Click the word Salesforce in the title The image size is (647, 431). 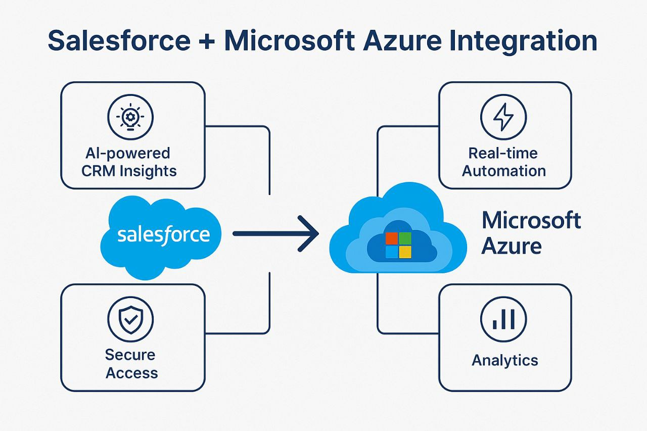(x=119, y=41)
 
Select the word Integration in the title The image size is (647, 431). (x=523, y=41)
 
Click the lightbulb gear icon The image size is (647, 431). (x=130, y=117)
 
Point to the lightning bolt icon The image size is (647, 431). (x=503, y=117)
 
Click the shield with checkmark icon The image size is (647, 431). (x=130, y=319)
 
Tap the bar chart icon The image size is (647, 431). (x=503, y=319)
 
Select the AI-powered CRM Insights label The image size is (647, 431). (x=129, y=162)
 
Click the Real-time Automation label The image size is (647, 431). (x=504, y=162)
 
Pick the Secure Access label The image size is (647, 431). (x=131, y=364)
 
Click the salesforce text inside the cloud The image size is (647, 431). (x=163, y=235)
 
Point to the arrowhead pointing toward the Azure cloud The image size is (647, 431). (x=309, y=233)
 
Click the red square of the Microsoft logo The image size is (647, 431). (x=392, y=238)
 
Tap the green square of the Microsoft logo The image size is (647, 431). (x=405, y=238)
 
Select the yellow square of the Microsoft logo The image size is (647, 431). (x=405, y=252)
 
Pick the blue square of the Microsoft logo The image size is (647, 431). (x=392, y=252)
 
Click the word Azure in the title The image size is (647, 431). (x=402, y=41)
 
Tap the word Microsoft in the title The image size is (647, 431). (x=290, y=41)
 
